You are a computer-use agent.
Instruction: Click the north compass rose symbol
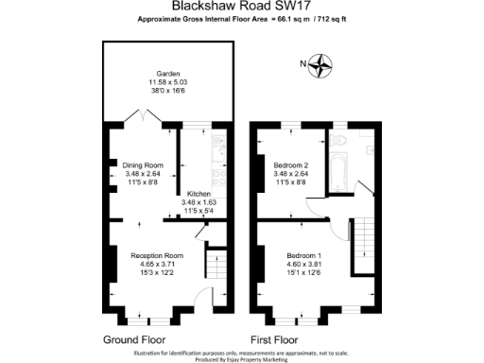323,64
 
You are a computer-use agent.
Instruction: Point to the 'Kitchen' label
199,194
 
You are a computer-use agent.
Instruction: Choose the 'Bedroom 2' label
290,165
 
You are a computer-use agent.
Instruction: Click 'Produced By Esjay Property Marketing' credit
241,359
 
